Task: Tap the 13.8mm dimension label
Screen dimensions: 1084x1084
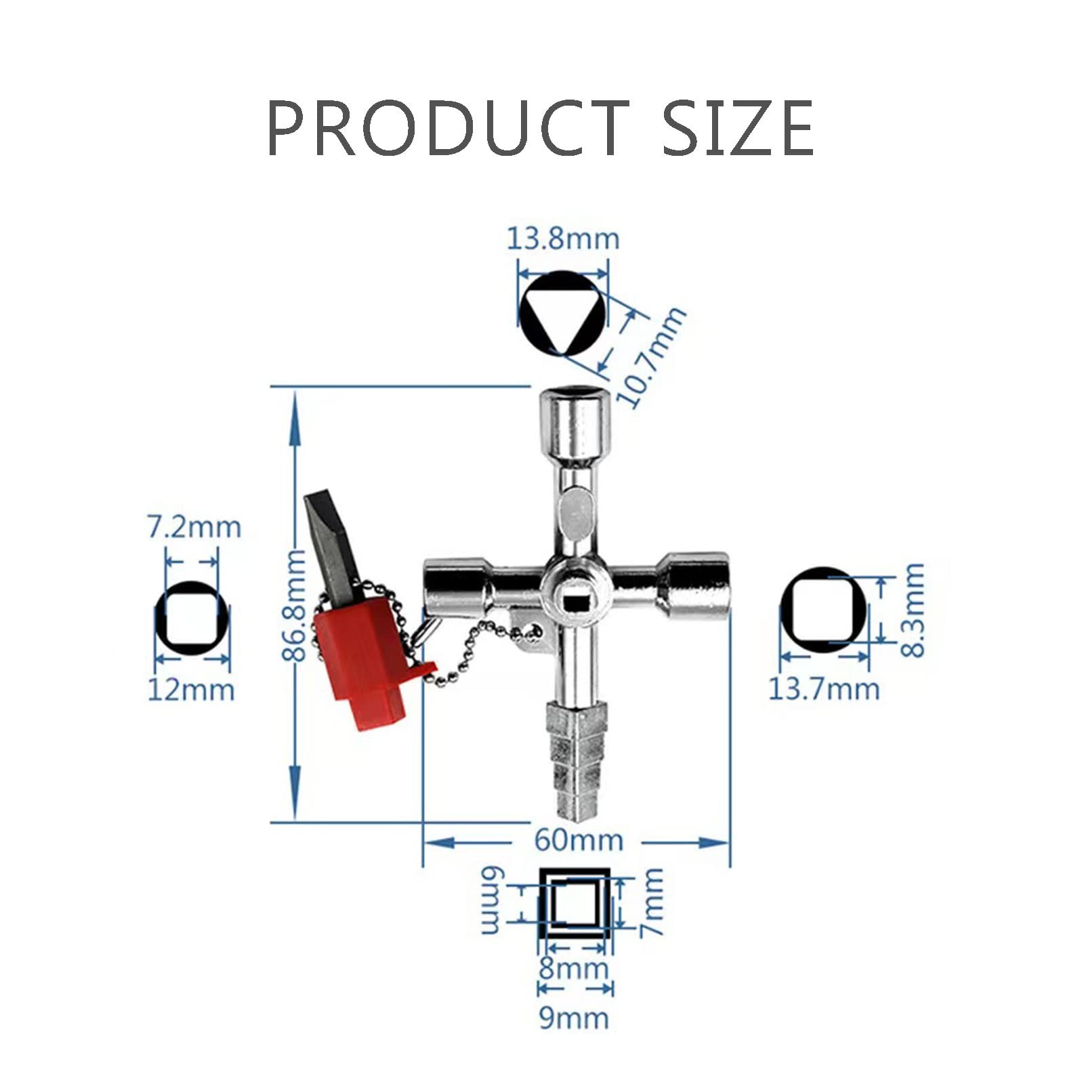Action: [x=563, y=238]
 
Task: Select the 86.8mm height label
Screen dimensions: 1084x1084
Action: [x=294, y=605]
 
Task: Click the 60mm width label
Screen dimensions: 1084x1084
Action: [x=579, y=840]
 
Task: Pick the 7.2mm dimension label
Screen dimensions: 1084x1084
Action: [x=194, y=527]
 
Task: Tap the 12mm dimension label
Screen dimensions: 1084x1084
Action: [x=191, y=690]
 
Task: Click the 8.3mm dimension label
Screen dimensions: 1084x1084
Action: [x=913, y=610]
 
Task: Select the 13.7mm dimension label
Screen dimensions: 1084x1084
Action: [x=824, y=689]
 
